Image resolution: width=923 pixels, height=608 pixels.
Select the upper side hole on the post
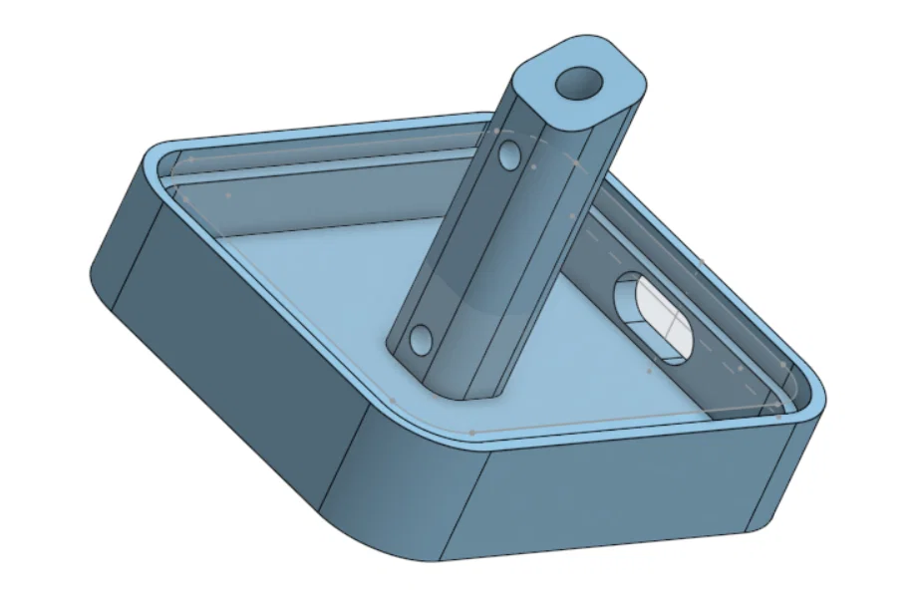(x=510, y=155)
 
